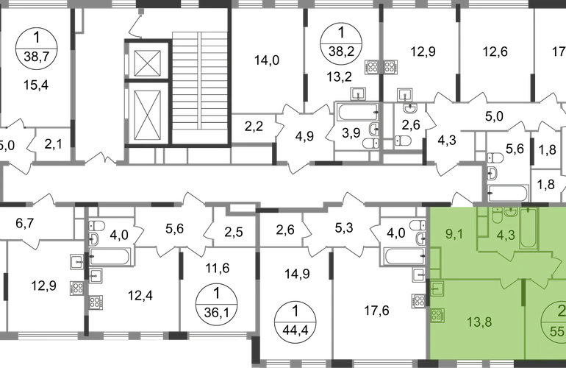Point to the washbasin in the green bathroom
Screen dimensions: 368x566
(511, 216)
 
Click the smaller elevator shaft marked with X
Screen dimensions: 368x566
(148, 63)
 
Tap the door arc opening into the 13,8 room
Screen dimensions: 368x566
(507, 284)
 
